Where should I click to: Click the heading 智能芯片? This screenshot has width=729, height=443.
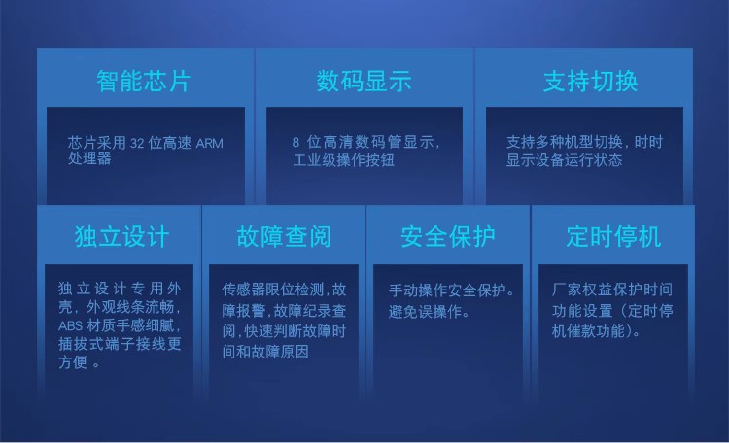click(144, 81)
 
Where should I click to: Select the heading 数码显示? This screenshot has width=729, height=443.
click(364, 81)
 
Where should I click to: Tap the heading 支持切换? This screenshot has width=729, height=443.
click(590, 81)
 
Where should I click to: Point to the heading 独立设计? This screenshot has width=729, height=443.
click(121, 237)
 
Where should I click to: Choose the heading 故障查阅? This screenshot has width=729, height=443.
click(284, 237)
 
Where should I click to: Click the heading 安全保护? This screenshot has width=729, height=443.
click(448, 237)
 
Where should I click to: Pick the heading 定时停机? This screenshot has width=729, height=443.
click(613, 237)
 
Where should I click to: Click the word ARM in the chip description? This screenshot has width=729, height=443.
click(210, 143)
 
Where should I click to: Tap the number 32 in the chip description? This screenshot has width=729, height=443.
click(137, 143)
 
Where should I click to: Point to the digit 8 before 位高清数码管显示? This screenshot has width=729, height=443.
click(295, 142)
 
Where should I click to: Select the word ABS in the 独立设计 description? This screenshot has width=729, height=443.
click(70, 325)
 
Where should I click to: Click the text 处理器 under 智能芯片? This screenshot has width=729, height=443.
click(89, 158)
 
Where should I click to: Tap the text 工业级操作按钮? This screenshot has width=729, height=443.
click(343, 160)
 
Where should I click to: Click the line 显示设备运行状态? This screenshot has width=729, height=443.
click(564, 160)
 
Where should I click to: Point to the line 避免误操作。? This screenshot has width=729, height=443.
click(429, 312)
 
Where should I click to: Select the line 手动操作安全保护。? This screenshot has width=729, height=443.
click(452, 290)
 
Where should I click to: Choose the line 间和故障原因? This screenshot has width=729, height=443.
click(265, 352)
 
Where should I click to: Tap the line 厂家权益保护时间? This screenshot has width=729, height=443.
click(611, 290)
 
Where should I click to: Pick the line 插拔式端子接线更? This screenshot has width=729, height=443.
click(120, 344)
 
